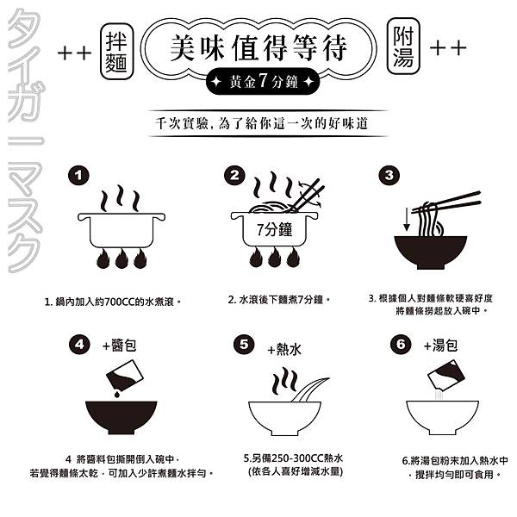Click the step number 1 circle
(x=78, y=175)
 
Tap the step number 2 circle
(x=234, y=175)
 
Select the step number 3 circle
(x=389, y=175)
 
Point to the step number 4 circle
(x=79, y=345)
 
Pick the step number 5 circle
(x=244, y=345)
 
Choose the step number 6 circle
(x=401, y=345)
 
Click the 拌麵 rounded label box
(x=116, y=52)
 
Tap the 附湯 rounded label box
(x=403, y=47)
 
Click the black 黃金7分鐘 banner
(x=263, y=81)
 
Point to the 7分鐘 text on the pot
(x=274, y=229)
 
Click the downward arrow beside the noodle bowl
(x=407, y=219)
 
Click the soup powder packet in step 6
(x=445, y=375)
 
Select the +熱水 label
(x=284, y=350)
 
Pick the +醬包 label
(x=120, y=346)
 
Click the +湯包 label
(x=440, y=346)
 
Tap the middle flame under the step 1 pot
(x=121, y=258)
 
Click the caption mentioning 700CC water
(x=113, y=302)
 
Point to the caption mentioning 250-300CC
(x=294, y=465)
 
